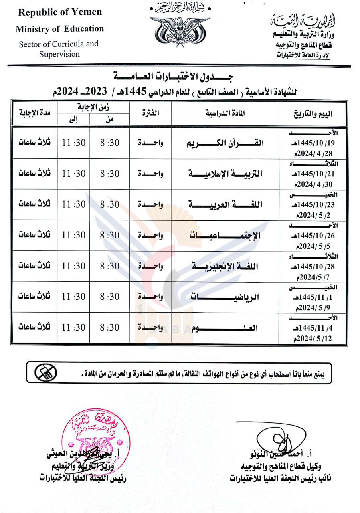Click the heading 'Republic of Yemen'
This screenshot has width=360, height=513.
click(60, 12)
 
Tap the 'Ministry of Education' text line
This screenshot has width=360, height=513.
click(60, 29)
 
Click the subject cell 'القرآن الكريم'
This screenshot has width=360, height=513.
click(226, 144)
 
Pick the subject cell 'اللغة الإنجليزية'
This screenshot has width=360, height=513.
click(226, 266)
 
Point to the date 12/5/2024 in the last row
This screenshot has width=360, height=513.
click(317, 339)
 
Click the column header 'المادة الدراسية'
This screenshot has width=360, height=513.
click(225, 113)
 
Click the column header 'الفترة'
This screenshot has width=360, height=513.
click(150, 113)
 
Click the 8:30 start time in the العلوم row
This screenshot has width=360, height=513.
click(110, 327)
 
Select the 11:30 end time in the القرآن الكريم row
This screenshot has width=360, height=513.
click(74, 143)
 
